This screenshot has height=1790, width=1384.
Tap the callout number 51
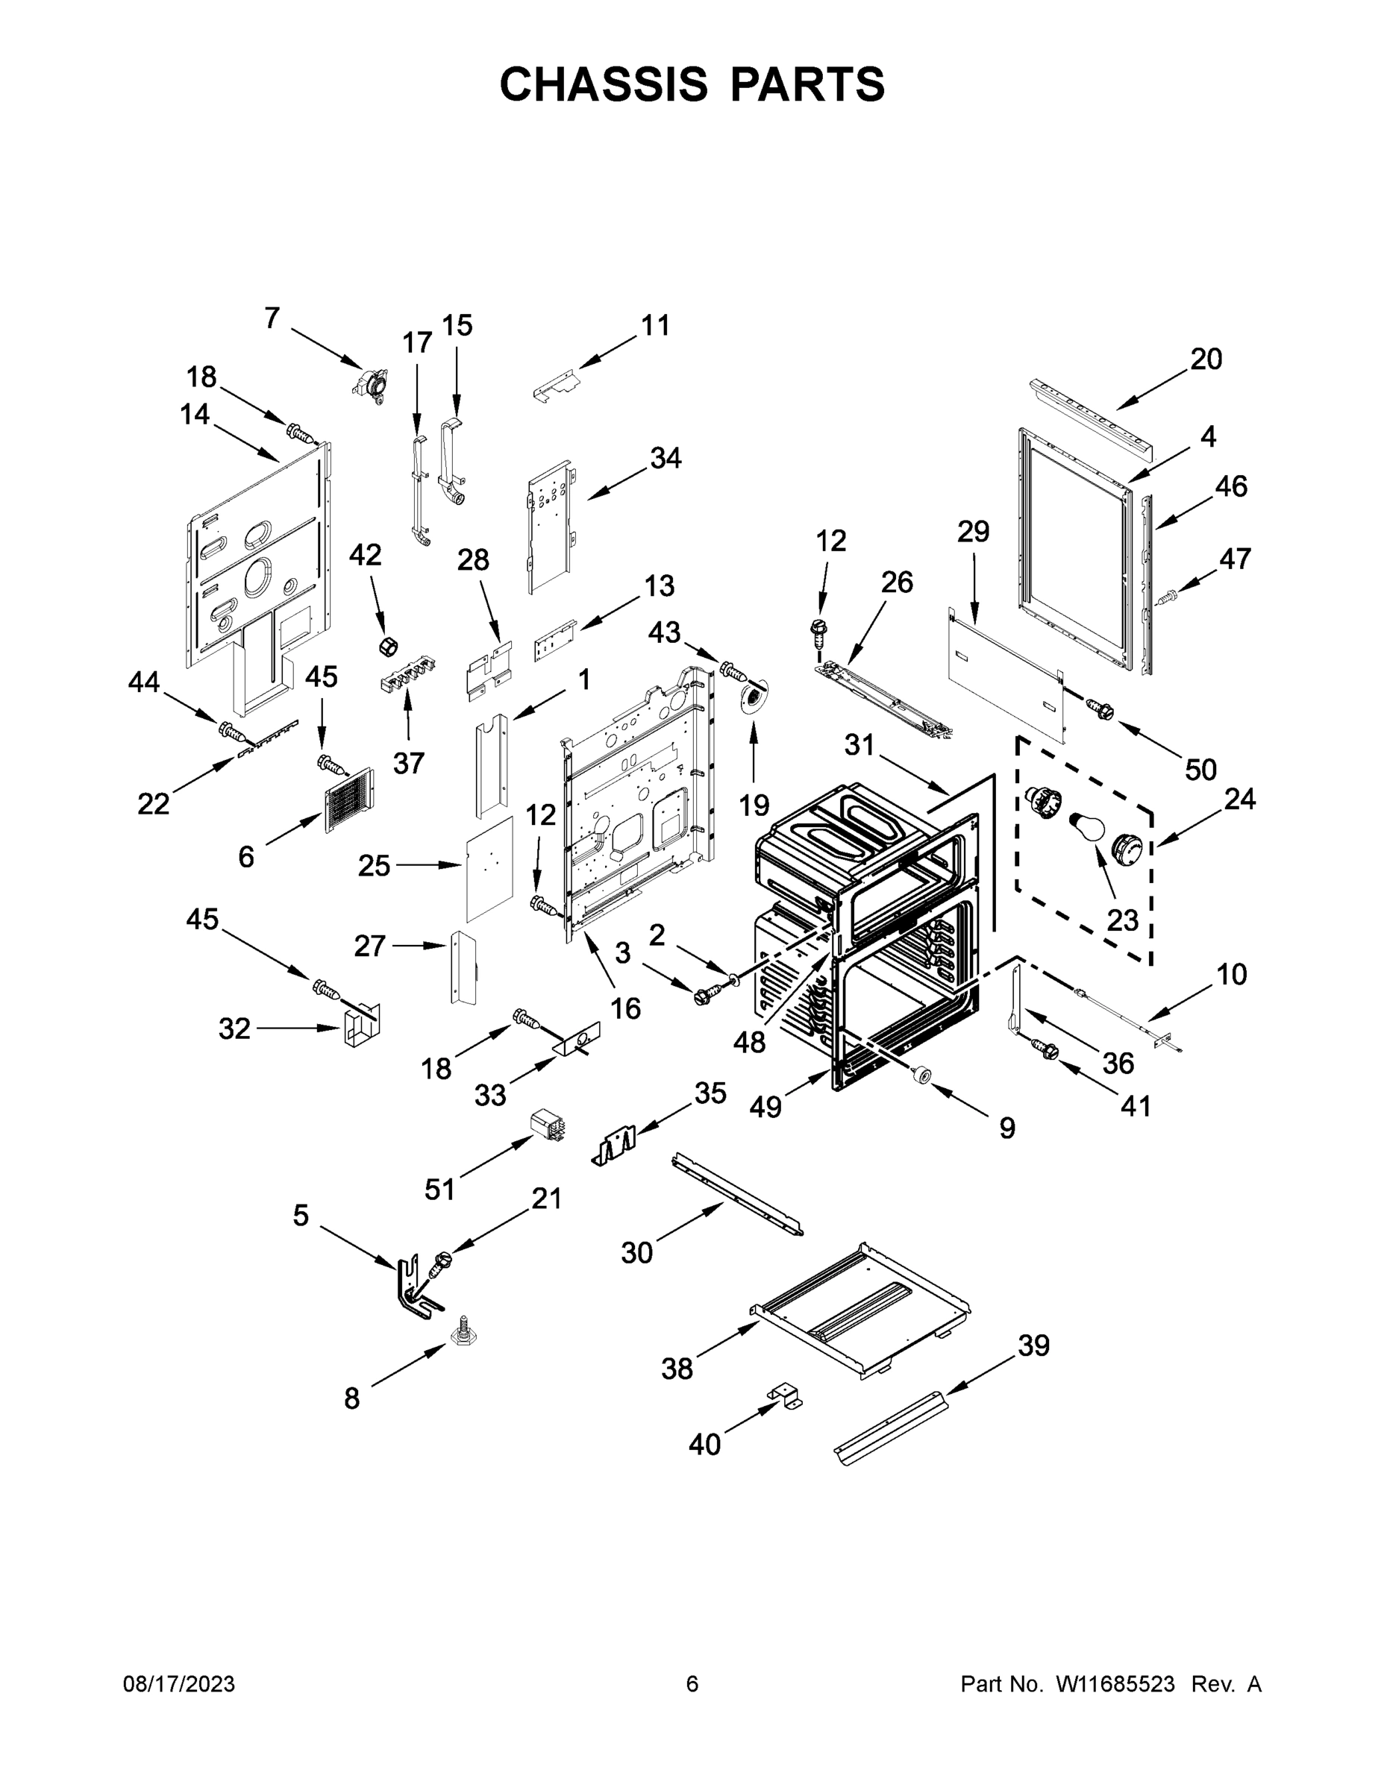439,1188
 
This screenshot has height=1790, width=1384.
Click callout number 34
665,458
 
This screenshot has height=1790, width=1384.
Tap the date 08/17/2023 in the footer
179,1684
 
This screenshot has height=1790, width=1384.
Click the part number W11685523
1115,1684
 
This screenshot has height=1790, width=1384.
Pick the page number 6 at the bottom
692,1684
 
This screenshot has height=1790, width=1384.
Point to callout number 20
1206,359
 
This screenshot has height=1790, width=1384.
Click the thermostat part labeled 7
371,383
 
